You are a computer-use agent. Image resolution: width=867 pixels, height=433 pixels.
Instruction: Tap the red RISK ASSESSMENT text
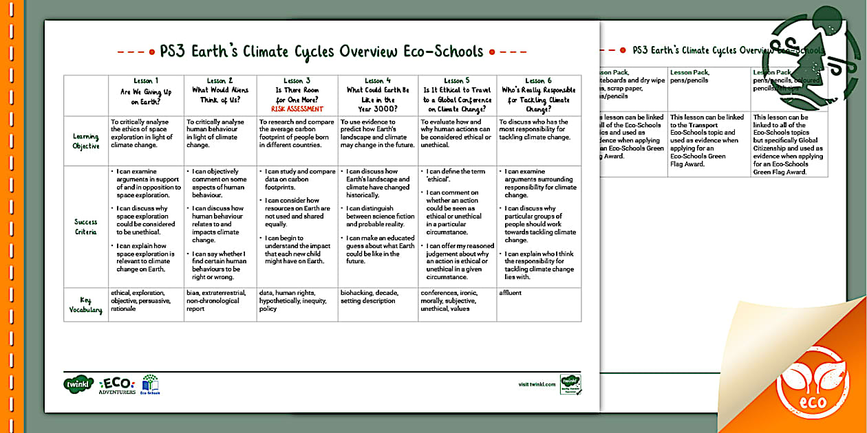(297, 109)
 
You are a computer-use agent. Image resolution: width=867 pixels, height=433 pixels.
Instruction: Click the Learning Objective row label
(86, 141)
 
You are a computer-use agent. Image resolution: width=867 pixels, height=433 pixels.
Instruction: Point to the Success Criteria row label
(86, 226)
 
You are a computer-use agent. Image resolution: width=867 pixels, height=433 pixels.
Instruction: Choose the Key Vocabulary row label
(86, 305)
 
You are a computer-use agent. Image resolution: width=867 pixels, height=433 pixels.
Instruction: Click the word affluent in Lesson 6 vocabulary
(511, 293)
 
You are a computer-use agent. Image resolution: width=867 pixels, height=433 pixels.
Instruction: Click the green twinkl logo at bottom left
(78, 384)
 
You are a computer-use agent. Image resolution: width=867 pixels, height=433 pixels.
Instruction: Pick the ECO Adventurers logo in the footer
(118, 385)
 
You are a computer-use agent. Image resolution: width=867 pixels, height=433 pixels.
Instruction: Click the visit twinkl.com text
(537, 385)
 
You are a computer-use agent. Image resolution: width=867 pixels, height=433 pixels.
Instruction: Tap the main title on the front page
(321, 52)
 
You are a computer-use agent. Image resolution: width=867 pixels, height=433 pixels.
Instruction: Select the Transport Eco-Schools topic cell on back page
(707, 141)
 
